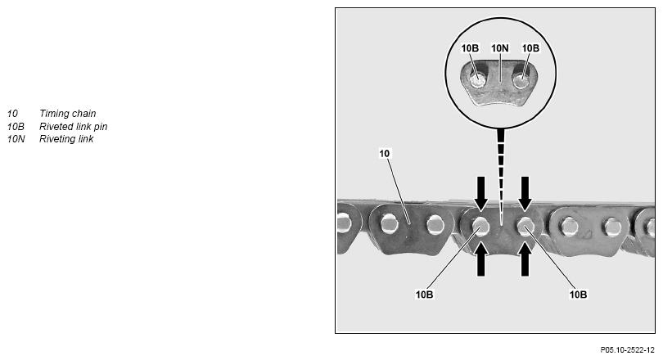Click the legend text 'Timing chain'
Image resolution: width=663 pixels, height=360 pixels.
[x=68, y=114]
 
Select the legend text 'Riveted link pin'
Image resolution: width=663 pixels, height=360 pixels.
[x=73, y=126]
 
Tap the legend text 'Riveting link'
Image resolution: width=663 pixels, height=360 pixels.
[x=66, y=138]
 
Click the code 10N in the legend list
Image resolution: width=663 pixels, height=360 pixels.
[x=16, y=138]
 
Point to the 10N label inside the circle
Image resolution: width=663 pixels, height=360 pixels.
[x=500, y=48]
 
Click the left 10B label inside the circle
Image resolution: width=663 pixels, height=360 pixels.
[x=470, y=48]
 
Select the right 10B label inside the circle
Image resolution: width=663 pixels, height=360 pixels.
[x=530, y=48]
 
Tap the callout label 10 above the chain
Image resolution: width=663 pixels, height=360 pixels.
[x=385, y=153]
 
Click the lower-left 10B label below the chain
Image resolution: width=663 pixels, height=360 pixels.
[x=424, y=295]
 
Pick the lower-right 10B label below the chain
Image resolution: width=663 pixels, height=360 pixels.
[x=578, y=295]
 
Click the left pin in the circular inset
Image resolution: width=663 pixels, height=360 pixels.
[x=478, y=80]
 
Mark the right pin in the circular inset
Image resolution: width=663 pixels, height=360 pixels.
[x=521, y=80]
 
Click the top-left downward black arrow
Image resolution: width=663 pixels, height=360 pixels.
[x=480, y=193]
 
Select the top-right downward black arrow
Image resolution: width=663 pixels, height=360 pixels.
[x=525, y=193]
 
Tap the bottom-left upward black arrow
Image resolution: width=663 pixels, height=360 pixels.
[x=480, y=260]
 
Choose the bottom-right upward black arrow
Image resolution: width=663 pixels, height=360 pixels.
[x=525, y=260]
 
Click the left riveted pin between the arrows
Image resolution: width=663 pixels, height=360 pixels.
[x=480, y=227]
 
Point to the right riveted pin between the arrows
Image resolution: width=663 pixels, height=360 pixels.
[x=525, y=227]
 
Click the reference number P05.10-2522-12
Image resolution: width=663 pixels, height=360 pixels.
[x=627, y=350]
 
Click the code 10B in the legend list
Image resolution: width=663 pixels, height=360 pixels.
[x=16, y=126]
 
